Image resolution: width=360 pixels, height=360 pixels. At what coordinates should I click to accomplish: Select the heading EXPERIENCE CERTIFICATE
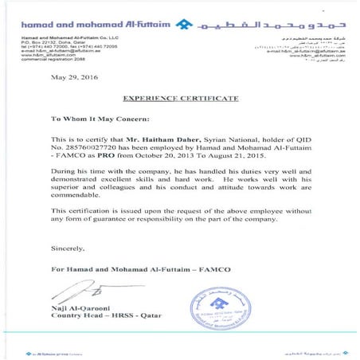tap(180, 98)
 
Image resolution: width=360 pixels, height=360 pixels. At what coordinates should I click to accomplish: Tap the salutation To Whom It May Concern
tap(100, 119)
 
